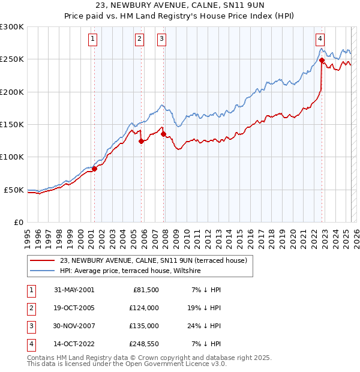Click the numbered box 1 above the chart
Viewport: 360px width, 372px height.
coord(94,40)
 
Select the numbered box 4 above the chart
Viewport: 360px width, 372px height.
coord(320,40)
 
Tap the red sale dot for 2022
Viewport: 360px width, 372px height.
coord(322,60)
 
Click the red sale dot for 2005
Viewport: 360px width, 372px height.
coord(141,142)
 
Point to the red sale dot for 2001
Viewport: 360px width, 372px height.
coord(94,169)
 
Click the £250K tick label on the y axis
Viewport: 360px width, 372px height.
coord(11,59)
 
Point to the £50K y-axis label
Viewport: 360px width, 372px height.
coord(14,190)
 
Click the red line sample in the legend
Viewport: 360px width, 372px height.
coord(42,260)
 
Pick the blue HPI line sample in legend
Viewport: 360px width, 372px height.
coord(42,271)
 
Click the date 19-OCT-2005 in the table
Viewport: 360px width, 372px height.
coord(74,308)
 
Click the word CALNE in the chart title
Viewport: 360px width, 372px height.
coord(199,7)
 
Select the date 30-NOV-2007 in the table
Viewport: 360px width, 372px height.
coord(74,326)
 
